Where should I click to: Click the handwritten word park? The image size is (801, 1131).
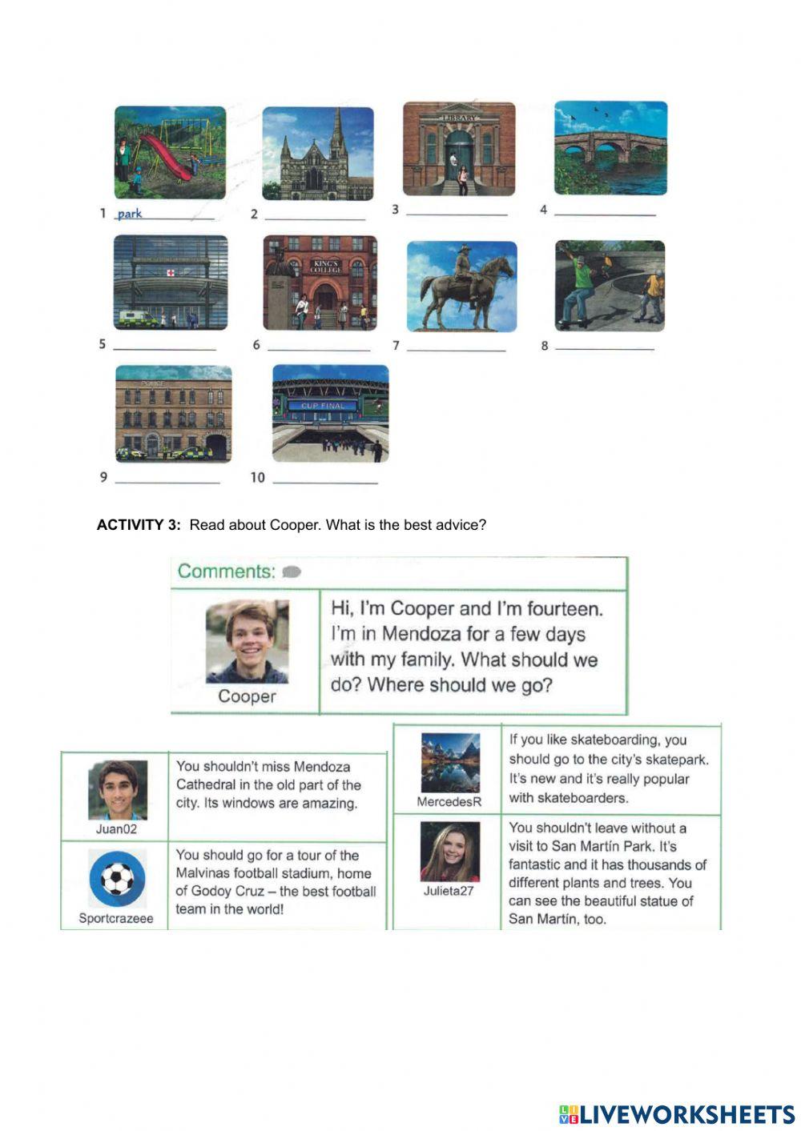click(129, 214)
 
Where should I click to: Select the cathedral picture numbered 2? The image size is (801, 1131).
click(318, 154)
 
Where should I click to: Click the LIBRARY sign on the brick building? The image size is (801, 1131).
click(458, 118)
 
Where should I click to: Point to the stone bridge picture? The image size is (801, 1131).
click(610, 147)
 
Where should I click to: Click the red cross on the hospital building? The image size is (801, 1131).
click(170, 273)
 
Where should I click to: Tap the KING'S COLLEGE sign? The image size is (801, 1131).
click(327, 267)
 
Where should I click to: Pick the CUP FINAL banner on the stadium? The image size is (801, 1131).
click(323, 406)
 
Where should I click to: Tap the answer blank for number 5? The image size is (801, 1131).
click(164, 348)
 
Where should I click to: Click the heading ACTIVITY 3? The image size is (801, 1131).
click(139, 525)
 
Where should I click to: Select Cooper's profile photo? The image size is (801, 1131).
click(247, 642)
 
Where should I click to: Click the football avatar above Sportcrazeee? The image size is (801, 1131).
click(118, 879)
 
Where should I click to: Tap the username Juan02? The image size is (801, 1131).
click(116, 829)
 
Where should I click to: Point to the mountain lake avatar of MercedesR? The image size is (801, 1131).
click(450, 763)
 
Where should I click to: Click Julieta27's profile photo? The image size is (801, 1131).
click(449, 852)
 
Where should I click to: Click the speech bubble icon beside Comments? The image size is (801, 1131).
click(292, 572)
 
